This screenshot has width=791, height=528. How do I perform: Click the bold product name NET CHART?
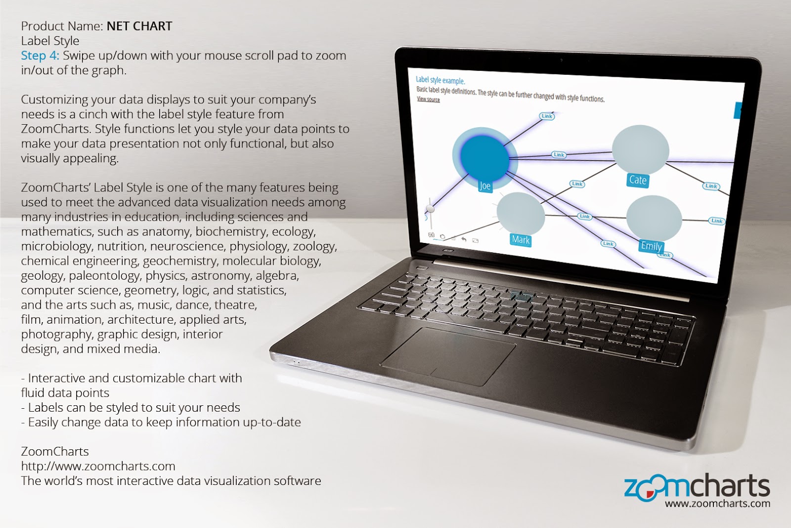139,26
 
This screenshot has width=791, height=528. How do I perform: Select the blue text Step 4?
40,55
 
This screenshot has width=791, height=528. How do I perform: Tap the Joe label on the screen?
485,186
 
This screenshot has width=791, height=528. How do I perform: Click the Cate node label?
638,180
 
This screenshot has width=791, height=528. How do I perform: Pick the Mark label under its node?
521,240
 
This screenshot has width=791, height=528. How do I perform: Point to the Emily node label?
651,246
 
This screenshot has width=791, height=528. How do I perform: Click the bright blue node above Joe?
484,159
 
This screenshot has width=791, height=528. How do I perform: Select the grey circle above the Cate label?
640,149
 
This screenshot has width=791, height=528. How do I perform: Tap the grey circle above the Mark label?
521,213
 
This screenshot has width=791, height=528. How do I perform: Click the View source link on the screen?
428,99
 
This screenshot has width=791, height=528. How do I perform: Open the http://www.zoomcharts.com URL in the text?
98,466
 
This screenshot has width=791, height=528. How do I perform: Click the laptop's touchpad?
448,356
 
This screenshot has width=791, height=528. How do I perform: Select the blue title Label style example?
440,80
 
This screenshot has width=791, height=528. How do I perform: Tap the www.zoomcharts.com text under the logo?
717,503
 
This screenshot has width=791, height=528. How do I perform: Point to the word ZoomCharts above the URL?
55,451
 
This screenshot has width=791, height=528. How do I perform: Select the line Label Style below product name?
50,41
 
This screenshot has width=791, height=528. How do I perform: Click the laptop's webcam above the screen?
562,60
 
